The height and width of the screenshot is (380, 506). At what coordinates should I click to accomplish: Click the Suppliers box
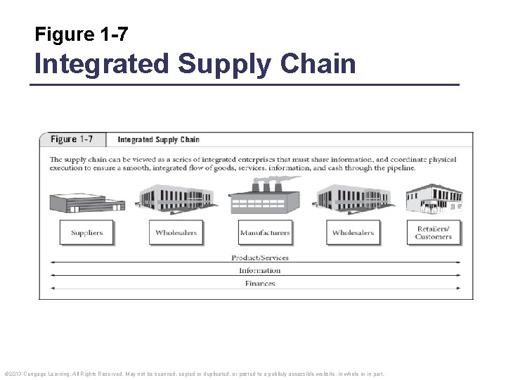[86, 233]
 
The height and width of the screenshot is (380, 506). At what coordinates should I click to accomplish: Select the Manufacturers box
[265, 233]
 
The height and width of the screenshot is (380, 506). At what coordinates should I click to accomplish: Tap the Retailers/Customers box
[433, 232]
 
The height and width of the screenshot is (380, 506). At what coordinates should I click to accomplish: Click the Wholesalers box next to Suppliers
[176, 233]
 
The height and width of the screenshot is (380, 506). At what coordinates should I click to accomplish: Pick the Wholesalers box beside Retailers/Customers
[353, 233]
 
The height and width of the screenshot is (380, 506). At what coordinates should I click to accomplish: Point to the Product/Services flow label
[260, 258]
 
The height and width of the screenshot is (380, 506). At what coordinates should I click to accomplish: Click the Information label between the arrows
[260, 270]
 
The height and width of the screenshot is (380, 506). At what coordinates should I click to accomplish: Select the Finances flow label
[260, 284]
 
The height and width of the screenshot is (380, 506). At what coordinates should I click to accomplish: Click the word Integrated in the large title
[102, 64]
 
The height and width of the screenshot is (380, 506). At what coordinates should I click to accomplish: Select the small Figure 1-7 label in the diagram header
[74, 139]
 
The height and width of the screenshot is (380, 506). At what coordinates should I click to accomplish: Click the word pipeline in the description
[398, 168]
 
